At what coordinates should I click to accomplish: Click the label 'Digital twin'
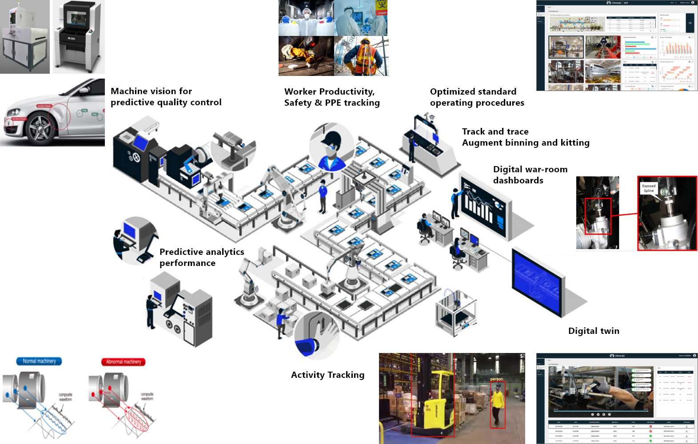point(594,331)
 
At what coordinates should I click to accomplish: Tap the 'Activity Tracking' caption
point(327,375)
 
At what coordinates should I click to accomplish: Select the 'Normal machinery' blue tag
point(39,361)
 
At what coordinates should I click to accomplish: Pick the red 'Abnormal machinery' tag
point(124,362)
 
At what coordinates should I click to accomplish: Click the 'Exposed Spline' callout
point(649,188)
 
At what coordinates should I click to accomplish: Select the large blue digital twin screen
point(538,281)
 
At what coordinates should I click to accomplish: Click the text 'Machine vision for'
point(151,91)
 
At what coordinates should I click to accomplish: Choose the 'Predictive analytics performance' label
point(202,257)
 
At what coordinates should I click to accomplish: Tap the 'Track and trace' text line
point(495,131)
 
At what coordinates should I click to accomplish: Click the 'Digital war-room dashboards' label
point(530,174)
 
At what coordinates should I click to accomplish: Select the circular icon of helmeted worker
point(331,148)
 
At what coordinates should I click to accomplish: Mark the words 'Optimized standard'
point(473,91)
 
